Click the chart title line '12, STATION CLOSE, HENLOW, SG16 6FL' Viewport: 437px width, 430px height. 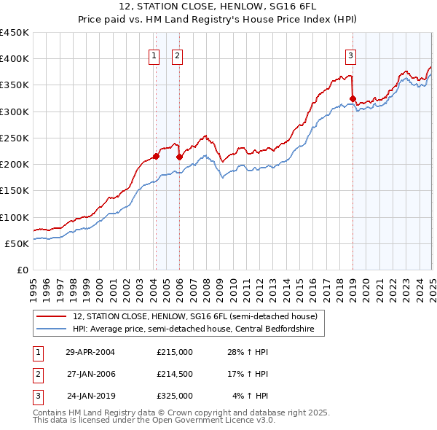218,8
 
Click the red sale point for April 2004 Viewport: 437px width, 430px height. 156,156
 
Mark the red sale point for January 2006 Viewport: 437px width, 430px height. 179,156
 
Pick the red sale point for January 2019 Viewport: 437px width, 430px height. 353,98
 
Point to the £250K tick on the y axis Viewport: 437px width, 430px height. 15,138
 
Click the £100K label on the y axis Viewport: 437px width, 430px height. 15,217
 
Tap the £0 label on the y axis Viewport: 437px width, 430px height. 22,270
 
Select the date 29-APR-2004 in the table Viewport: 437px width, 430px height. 90,351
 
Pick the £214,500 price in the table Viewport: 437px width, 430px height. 175,374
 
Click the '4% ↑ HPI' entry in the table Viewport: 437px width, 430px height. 251,396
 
